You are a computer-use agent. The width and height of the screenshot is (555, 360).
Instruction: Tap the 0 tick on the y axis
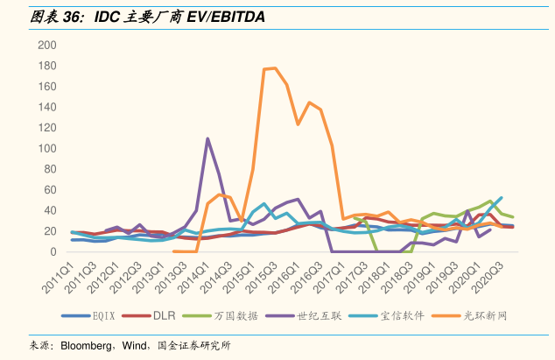click(52, 252)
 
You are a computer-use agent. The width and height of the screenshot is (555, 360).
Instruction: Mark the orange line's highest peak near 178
click(275, 67)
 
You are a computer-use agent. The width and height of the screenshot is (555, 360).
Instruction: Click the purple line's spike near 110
click(207, 138)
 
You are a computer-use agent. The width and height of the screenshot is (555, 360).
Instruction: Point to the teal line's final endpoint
click(502, 198)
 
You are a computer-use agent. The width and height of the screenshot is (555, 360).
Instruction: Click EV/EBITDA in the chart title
click(222, 17)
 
